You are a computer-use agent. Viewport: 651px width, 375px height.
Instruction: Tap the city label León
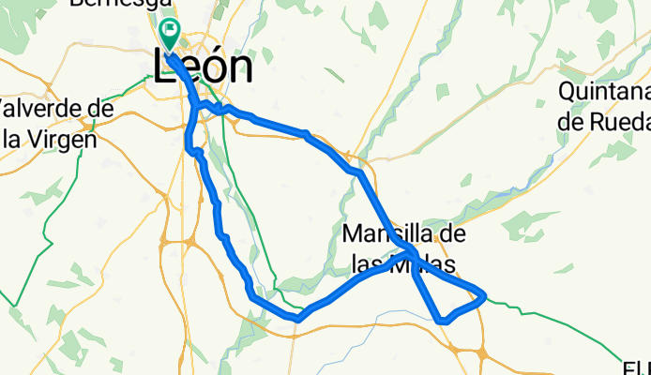tap(202, 67)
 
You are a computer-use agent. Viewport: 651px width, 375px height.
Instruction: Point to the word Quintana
tap(604, 93)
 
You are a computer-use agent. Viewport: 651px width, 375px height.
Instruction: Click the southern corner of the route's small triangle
tap(442, 321)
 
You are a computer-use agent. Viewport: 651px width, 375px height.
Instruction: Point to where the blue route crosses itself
tap(413, 254)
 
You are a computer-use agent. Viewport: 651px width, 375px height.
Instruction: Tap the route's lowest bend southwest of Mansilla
tap(296, 318)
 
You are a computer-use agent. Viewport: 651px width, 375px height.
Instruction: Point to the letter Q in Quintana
tap(568, 93)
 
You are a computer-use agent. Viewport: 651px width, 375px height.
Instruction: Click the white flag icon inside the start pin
tap(170, 30)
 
